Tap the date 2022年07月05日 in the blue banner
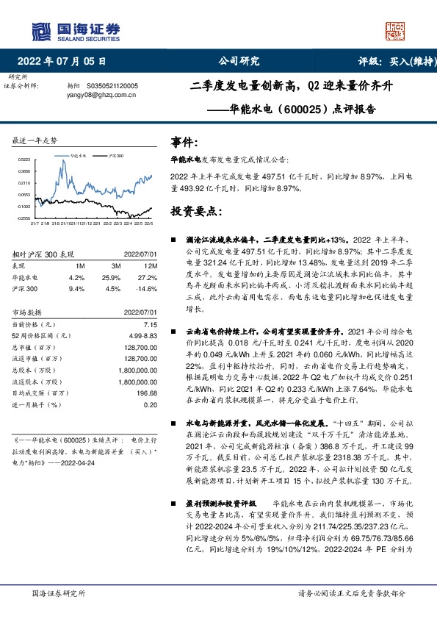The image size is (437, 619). (x=66, y=62)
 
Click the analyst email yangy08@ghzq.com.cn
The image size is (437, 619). (x=99, y=95)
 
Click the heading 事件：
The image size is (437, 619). (x=184, y=142)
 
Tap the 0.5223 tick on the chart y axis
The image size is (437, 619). (x=24, y=160)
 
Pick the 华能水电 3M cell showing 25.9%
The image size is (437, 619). (x=112, y=277)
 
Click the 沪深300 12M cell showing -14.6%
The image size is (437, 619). (x=145, y=288)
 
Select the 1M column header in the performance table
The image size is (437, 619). (x=80, y=265)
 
